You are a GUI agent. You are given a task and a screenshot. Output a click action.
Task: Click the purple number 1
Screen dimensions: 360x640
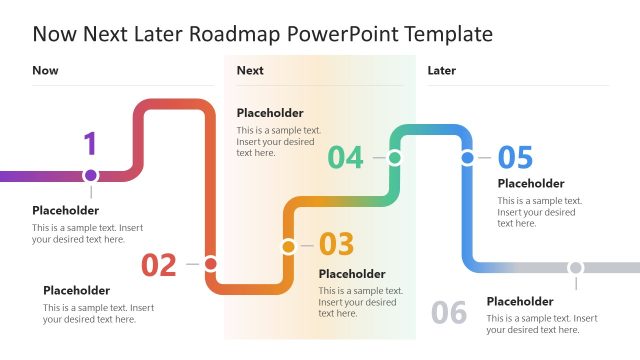90,144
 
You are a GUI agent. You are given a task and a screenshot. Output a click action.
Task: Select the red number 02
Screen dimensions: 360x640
159,265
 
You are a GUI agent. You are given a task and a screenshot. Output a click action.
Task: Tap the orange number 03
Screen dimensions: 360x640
337,245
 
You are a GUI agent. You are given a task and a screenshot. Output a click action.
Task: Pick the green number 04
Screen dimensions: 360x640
346,158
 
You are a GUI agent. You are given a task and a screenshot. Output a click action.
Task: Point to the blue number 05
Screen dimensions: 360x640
515,158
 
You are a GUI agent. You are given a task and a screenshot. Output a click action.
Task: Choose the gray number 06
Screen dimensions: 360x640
449,313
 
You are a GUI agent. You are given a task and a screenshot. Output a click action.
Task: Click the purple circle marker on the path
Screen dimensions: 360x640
91,175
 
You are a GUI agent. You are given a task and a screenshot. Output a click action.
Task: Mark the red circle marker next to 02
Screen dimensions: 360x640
210,264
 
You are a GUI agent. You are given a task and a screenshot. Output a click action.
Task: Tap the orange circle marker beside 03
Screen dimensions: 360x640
288,245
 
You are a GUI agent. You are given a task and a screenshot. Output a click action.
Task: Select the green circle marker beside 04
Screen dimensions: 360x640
395,157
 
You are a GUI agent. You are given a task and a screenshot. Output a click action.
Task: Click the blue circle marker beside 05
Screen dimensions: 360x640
467,157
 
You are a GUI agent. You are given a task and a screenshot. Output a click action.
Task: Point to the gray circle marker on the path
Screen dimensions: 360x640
575,268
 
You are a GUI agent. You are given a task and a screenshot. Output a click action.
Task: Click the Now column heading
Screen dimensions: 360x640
45,70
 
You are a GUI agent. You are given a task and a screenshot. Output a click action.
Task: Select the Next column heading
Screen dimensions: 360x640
250,70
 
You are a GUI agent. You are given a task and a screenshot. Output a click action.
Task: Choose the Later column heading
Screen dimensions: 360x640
442,70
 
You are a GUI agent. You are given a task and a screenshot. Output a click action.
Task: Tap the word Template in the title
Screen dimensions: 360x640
446,34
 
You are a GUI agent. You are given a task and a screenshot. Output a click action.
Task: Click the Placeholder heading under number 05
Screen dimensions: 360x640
531,184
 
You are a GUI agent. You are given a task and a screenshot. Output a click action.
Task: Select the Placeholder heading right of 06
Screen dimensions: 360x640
520,301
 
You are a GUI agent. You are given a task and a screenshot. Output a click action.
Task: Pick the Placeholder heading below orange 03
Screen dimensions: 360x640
352,274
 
